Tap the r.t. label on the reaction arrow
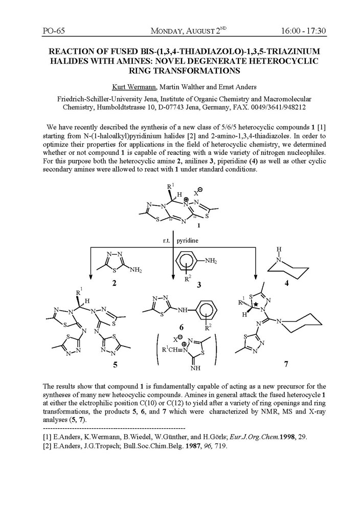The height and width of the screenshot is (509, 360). point(167,239)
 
